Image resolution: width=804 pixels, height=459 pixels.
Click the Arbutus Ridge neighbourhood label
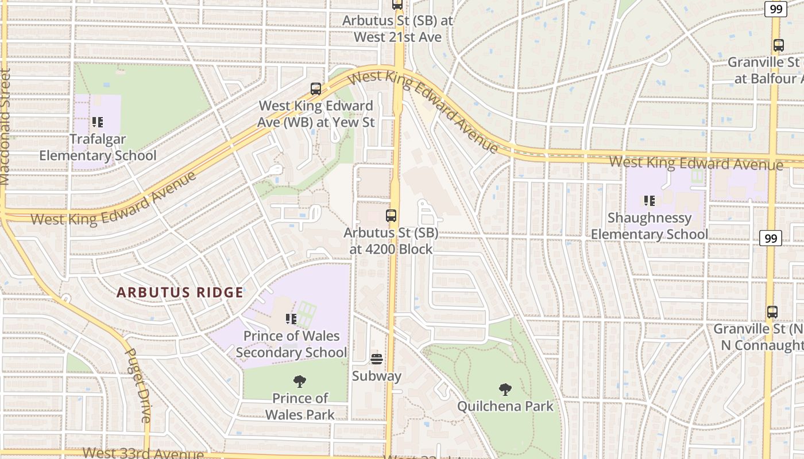(x=180, y=292)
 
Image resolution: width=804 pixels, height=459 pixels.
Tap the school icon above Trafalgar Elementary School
(x=98, y=122)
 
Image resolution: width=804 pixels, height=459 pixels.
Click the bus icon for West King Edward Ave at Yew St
(x=316, y=89)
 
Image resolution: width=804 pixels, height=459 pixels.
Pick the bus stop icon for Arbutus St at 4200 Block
(x=391, y=216)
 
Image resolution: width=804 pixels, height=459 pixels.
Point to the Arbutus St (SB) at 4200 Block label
(x=391, y=241)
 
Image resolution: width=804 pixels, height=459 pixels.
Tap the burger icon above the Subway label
(x=377, y=359)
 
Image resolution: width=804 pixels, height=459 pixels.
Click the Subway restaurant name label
(x=377, y=376)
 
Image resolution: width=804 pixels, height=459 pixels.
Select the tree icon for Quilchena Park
(x=505, y=390)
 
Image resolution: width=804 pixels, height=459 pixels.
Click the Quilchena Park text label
(x=505, y=406)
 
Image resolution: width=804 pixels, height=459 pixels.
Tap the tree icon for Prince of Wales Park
(x=300, y=382)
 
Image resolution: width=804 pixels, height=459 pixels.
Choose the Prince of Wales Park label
(x=300, y=406)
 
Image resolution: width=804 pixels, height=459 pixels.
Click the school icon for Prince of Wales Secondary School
(x=291, y=319)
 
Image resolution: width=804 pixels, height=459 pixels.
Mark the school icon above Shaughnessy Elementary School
(x=650, y=201)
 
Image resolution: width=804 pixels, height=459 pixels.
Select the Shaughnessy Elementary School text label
(x=650, y=226)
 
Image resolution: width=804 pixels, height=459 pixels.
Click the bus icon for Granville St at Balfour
(x=779, y=45)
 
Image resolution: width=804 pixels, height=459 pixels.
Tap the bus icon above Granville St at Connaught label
(x=772, y=312)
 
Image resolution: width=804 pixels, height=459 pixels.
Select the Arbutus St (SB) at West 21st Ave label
(x=398, y=29)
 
